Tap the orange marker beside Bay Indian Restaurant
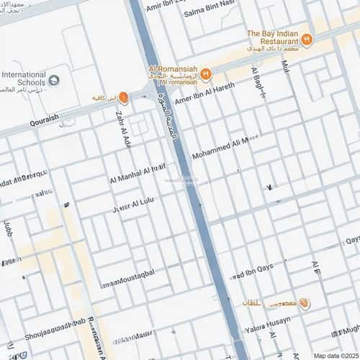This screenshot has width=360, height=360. [307, 40]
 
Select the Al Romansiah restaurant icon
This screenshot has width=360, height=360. [205, 73]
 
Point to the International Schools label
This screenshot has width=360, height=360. [24, 78]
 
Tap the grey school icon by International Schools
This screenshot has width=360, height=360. [56, 79]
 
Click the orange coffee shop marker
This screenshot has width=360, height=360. [123, 97]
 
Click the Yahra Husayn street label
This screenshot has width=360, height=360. [269, 323]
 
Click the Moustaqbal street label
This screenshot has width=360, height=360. [130, 282]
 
